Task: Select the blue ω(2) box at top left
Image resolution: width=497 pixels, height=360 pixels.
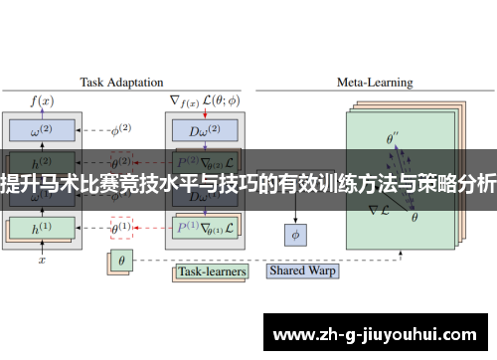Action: point(43,129)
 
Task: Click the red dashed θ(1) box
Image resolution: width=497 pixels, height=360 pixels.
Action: point(120,227)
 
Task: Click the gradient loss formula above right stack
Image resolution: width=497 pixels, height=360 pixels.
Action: point(204,98)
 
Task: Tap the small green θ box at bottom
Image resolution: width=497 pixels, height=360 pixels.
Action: point(120,261)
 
